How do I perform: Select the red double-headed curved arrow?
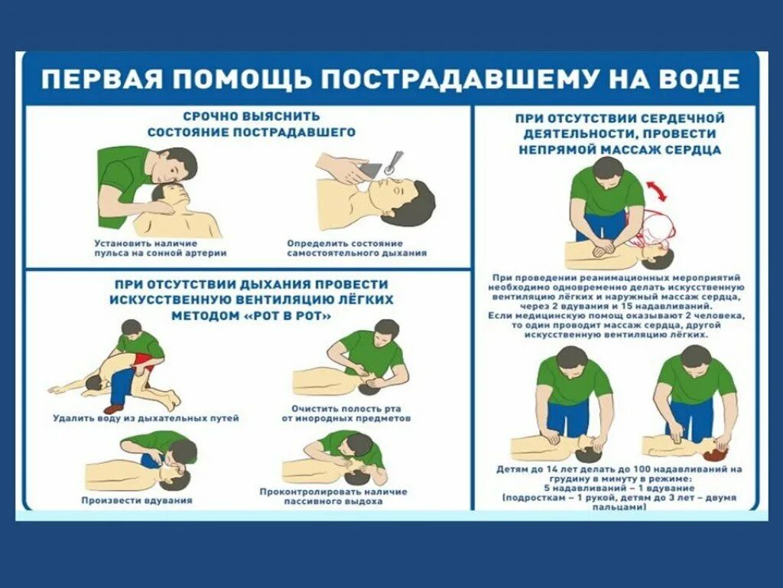pos(657,191)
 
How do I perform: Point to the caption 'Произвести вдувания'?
pos(137,500)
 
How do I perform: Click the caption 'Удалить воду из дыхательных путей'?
pos(146,418)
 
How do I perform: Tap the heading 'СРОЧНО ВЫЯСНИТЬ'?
pos(252,116)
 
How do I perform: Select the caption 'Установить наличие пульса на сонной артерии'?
pos(161,248)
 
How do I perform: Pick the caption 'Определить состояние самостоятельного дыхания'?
pos(356,248)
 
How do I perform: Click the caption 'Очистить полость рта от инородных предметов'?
pos(346,413)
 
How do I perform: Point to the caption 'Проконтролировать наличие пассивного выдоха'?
pos(333,496)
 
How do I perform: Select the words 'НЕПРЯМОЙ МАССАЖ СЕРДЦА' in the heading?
pos(619,149)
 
